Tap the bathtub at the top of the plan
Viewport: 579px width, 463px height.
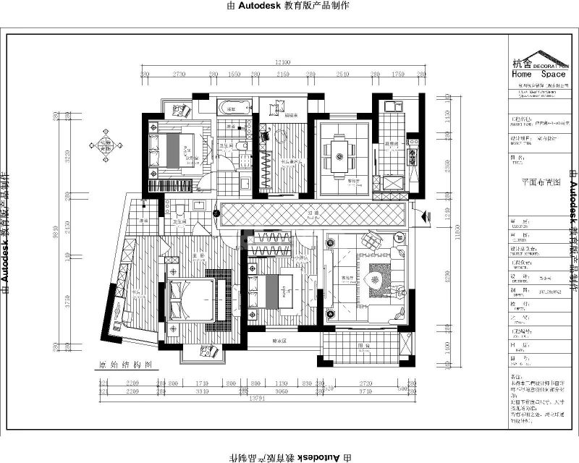pos(233,107)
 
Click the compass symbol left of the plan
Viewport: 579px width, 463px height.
pos(106,143)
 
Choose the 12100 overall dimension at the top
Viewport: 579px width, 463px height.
pos(282,63)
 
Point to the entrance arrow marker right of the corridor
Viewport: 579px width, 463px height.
pos(425,214)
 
